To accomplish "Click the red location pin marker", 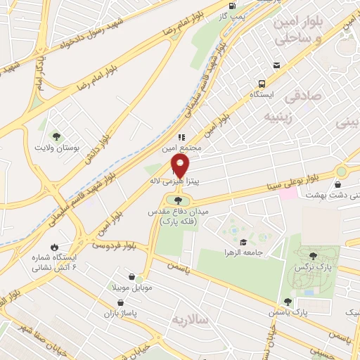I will pyautogui.click(x=181, y=167).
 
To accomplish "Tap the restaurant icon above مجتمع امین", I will pyautogui.click(x=181, y=137).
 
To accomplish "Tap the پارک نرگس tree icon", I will pyautogui.click(x=314, y=257).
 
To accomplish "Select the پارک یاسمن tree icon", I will pyautogui.click(x=287, y=302).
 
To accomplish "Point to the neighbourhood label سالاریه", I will pyautogui.click(x=191, y=320).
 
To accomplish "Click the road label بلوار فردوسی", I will pyautogui.click(x=115, y=246).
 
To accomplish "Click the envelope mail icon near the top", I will pyautogui.click(x=277, y=65).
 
